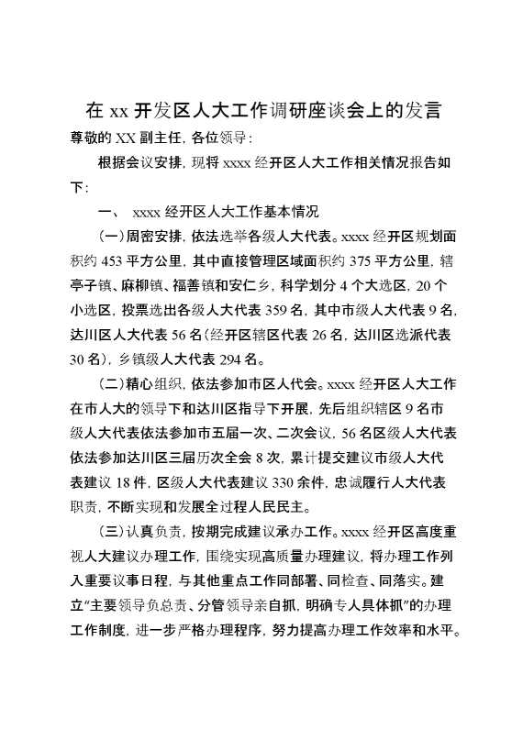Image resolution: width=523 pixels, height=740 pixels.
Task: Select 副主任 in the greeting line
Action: point(158,138)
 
